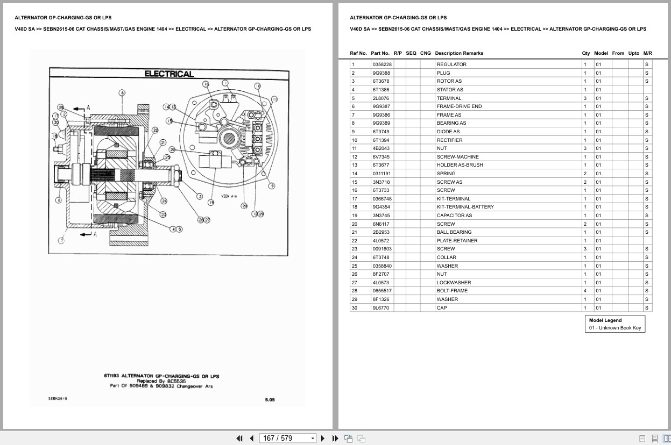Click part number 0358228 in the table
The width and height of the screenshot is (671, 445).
coord(382,64)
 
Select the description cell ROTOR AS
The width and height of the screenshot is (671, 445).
coord(449,81)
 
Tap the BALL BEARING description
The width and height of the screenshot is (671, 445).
coord(454,232)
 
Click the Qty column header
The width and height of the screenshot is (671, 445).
coord(585,53)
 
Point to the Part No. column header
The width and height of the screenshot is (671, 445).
coord(380,53)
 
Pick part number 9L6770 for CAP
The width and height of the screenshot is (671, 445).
coord(380,308)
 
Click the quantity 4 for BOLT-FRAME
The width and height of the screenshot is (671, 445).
coord(585,291)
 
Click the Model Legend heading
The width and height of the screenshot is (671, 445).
coord(605,320)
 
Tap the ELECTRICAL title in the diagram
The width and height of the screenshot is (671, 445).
coord(169,74)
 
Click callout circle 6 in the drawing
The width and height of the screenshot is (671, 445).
coord(122,93)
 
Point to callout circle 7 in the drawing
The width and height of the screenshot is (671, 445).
coord(61,240)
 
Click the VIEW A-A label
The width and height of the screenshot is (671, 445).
coord(229,197)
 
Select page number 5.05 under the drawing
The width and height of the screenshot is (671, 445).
coord(270,399)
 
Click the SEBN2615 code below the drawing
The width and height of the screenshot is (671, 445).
coord(58,399)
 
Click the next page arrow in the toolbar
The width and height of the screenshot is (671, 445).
coord(323,438)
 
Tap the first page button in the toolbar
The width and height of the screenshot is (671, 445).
coord(239,438)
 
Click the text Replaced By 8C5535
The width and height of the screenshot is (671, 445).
coord(161,381)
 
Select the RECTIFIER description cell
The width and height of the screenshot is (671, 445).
coord(449,140)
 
